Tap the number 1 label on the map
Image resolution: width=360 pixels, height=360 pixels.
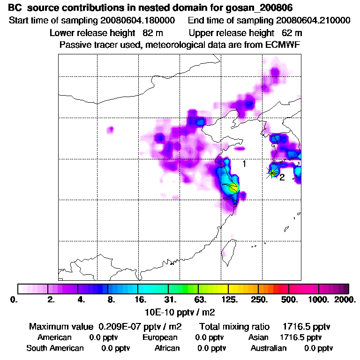click(244, 164)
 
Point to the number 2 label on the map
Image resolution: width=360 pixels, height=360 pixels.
click(282, 177)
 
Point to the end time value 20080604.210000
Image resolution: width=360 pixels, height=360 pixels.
click(313, 21)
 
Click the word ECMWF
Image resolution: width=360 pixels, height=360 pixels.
click(283, 45)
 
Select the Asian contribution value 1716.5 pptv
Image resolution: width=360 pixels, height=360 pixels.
click(300, 337)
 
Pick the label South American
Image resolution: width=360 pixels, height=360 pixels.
click(55, 348)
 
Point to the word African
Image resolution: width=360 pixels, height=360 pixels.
click(167, 348)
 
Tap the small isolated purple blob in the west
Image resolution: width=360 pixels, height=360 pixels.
click(111, 129)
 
